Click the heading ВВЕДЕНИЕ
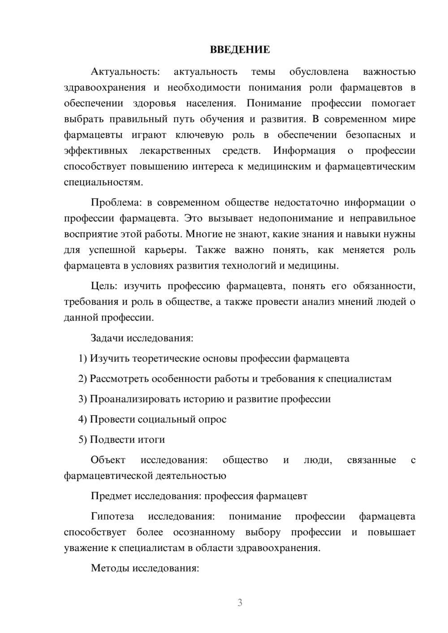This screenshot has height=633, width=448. [240, 50]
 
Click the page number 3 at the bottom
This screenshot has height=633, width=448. [240, 603]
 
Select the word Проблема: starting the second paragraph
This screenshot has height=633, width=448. [116, 203]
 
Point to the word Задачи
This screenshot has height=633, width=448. [108, 338]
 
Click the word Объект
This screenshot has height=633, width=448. [108, 460]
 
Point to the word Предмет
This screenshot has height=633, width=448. [112, 496]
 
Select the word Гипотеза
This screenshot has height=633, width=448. [112, 517]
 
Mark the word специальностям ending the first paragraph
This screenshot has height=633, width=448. [103, 183]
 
